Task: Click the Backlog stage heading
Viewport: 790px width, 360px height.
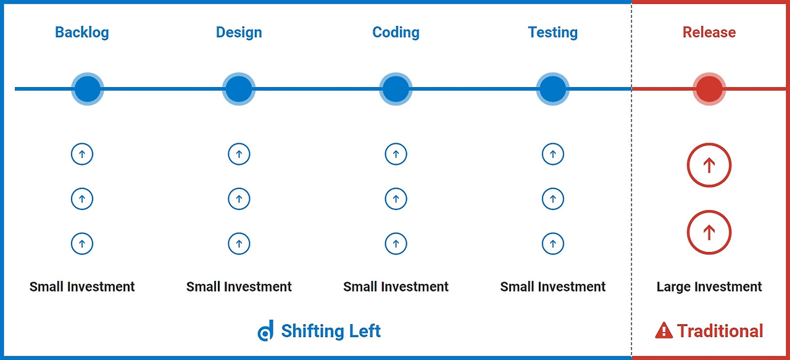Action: [x=82, y=33]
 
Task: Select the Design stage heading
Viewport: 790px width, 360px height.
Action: [x=239, y=33]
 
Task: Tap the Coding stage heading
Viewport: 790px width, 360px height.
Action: [x=396, y=33]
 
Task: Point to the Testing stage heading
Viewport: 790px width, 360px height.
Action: [x=552, y=33]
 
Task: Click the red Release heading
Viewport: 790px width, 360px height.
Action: [x=709, y=32]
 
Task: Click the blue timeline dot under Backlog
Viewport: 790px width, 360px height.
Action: [x=88, y=89]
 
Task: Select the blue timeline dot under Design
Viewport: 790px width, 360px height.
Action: [x=239, y=89]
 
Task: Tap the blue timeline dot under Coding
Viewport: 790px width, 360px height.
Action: [x=396, y=89]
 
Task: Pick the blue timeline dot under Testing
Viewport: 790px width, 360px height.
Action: [x=552, y=89]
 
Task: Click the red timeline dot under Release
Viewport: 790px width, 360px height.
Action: [x=709, y=89]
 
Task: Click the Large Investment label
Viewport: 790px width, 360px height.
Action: [x=709, y=287]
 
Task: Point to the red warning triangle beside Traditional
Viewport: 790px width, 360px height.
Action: [x=663, y=331]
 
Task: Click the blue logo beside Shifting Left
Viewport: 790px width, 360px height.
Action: [x=265, y=331]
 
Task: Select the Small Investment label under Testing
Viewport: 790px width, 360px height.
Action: [x=552, y=287]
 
